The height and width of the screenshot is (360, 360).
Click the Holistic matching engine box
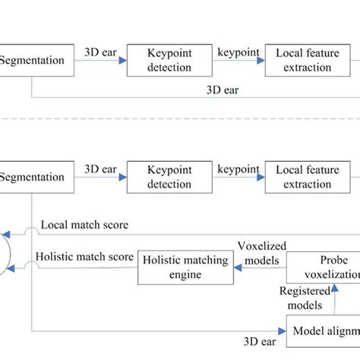click(x=182, y=267)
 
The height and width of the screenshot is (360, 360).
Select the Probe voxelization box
click(x=323, y=267)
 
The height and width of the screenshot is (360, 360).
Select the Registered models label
click(x=305, y=298)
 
